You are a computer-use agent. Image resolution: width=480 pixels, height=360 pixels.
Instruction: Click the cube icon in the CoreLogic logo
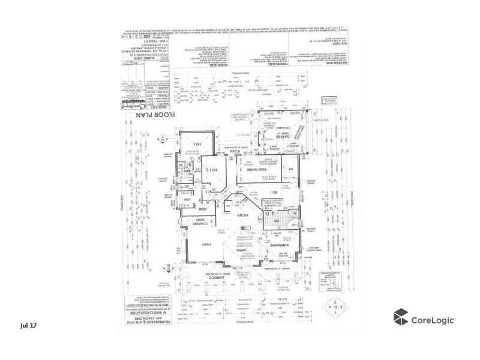400,317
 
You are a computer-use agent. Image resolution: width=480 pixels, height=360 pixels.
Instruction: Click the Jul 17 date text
28,325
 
